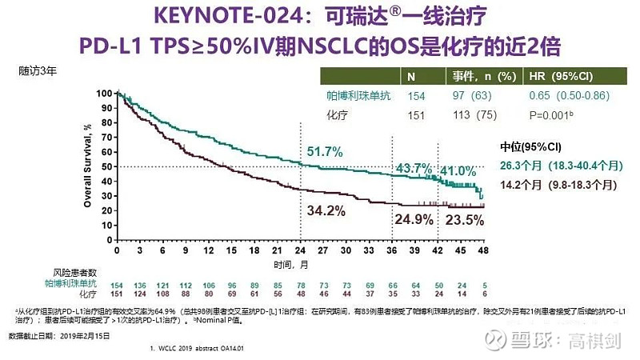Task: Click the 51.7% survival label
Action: click(323, 151)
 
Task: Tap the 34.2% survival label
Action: click(327, 210)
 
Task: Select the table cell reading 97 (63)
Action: click(466, 96)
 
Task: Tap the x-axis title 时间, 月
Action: click(289, 263)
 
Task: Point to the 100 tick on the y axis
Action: click(106, 93)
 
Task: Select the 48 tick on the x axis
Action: click(482, 250)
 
